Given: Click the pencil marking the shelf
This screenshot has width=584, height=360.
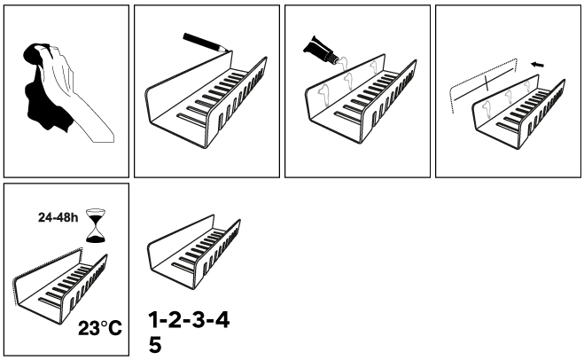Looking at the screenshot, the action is (205, 42).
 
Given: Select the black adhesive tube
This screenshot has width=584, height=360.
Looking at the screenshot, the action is (317, 49).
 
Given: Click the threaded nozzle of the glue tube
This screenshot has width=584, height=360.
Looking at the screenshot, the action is (332, 59).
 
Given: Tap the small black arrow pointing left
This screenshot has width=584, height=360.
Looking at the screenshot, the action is (537, 65).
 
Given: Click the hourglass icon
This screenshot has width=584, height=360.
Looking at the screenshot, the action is (97, 226).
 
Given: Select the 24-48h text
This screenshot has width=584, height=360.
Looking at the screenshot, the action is (58, 217).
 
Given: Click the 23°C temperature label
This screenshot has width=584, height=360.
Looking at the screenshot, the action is (100, 328).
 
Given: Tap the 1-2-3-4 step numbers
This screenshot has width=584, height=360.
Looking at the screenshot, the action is (189, 320).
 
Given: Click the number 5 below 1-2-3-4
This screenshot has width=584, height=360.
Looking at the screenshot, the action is (155, 345).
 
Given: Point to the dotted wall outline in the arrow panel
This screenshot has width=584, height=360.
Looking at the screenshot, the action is (484, 84).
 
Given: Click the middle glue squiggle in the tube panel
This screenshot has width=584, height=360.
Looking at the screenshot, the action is (348, 80).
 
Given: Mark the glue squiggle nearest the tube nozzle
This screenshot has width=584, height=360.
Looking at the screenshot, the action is (342, 62).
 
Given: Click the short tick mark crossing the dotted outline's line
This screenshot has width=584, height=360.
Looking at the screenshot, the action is (487, 82).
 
